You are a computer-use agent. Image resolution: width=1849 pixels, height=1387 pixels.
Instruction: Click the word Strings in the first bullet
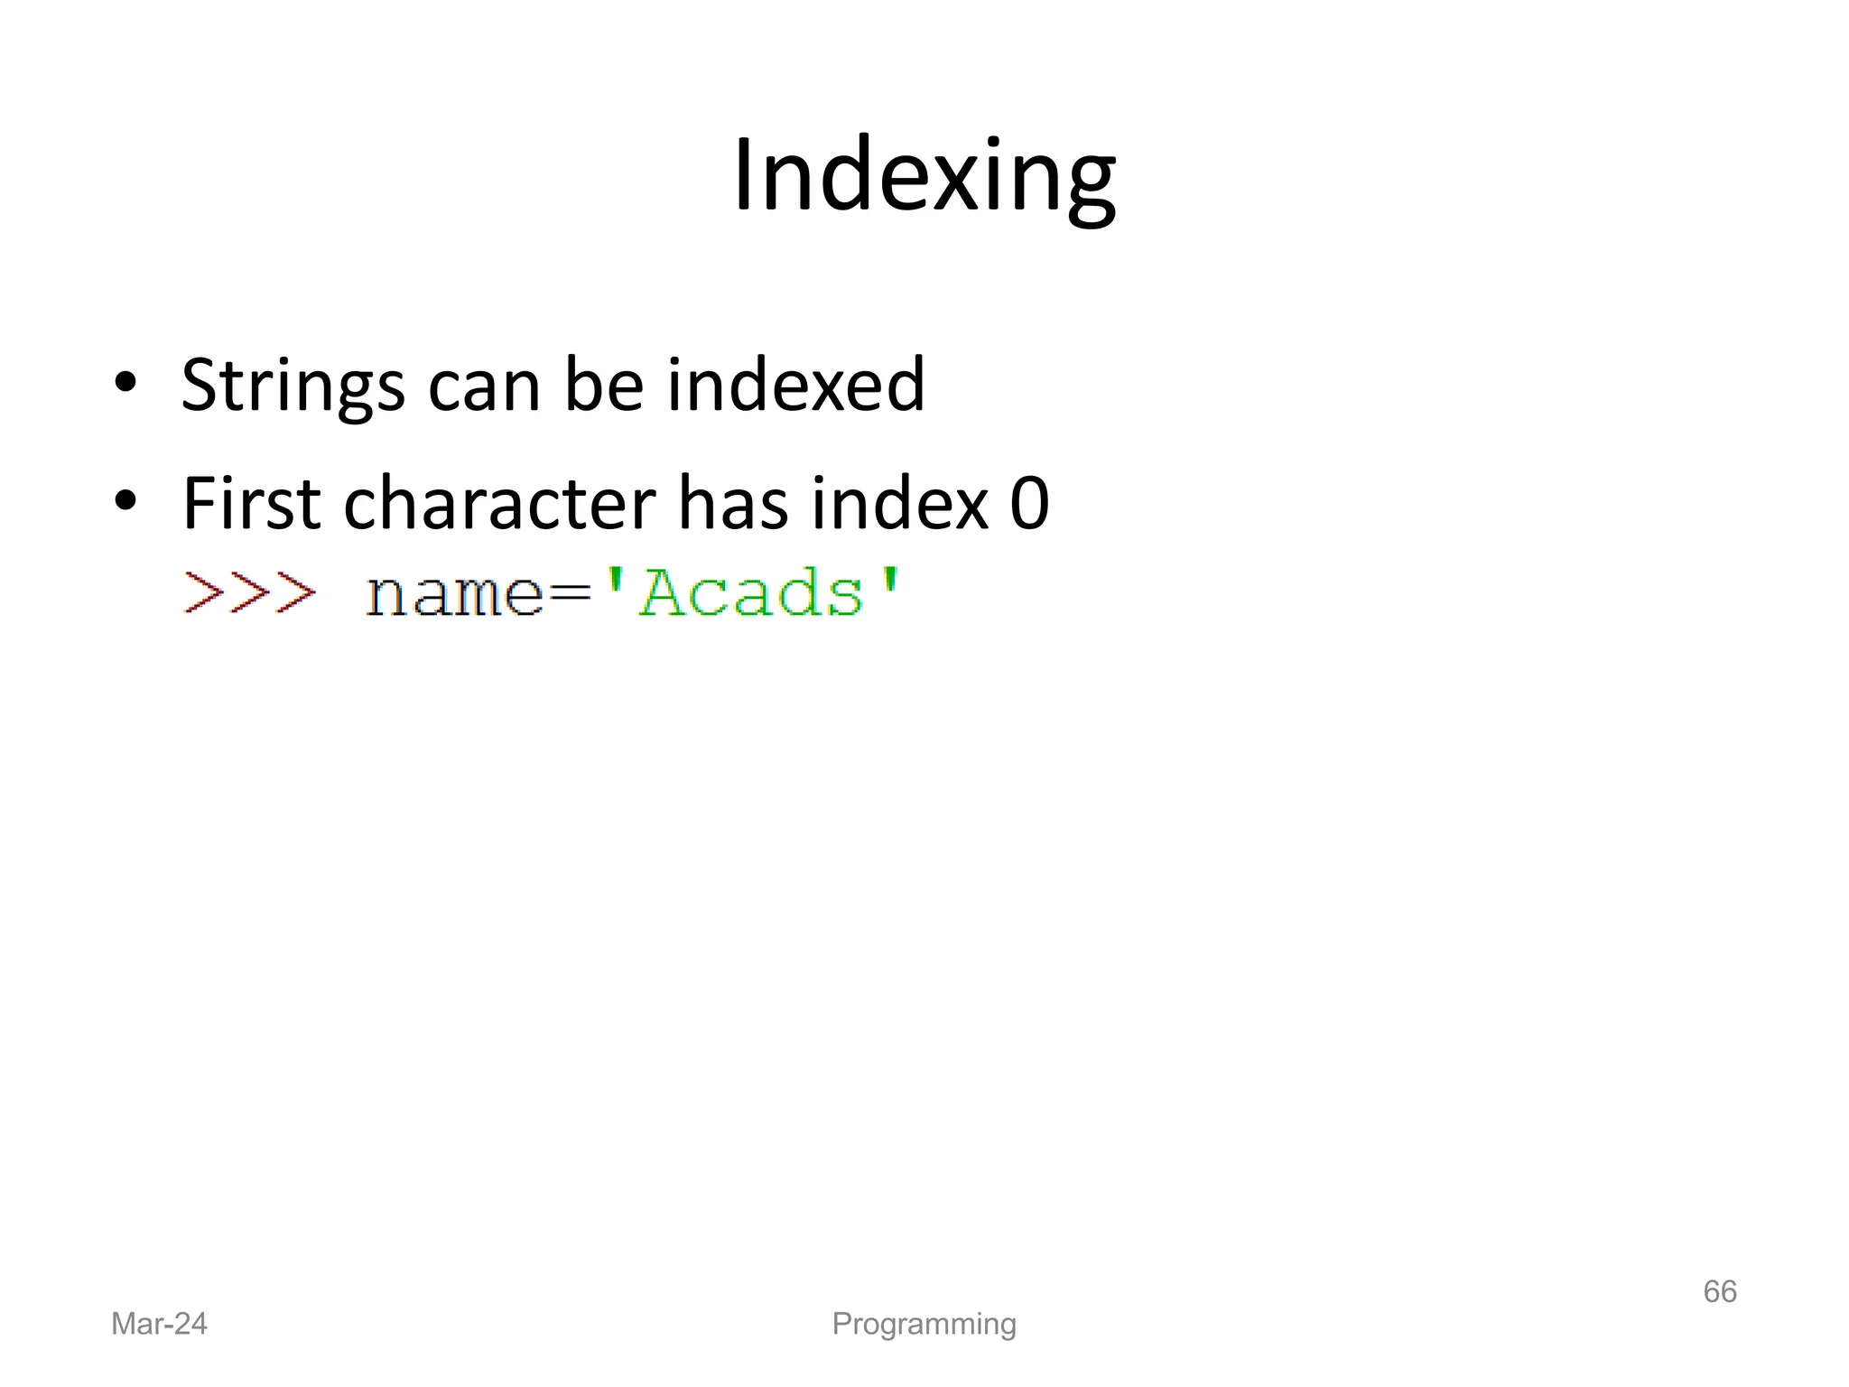click(x=293, y=386)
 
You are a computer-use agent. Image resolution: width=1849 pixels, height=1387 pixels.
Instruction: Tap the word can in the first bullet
click(x=485, y=386)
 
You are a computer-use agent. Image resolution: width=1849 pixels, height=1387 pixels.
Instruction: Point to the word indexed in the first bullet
click(x=795, y=386)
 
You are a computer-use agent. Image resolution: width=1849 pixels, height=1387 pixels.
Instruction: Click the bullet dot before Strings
click(x=125, y=384)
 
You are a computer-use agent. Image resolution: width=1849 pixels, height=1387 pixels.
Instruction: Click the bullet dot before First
click(x=125, y=501)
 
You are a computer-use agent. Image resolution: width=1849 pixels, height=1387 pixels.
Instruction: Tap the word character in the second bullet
click(x=499, y=503)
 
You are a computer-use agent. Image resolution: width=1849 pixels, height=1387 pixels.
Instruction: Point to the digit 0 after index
click(x=1029, y=503)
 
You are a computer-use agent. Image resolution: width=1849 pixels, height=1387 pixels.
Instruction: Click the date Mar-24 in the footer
click(x=159, y=1324)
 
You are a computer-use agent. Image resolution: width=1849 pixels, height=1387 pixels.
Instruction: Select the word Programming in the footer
click(x=924, y=1324)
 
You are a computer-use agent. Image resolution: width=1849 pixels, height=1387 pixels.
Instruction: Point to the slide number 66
click(x=1719, y=1291)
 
